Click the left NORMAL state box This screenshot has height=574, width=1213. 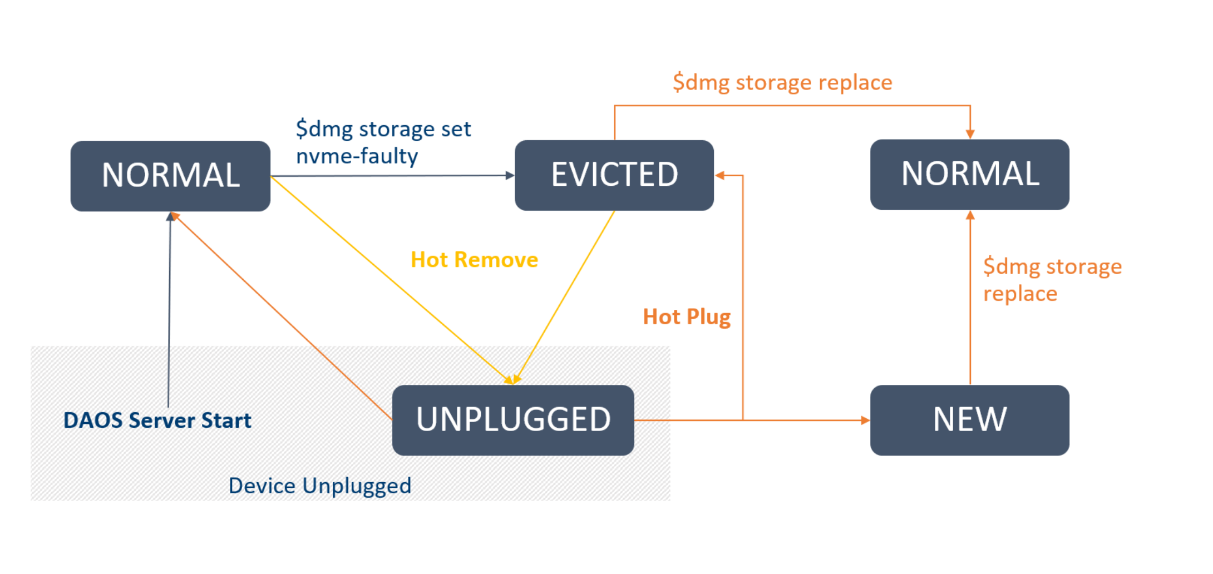[x=170, y=176]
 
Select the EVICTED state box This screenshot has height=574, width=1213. [x=614, y=175]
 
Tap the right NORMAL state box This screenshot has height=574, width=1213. [x=969, y=174]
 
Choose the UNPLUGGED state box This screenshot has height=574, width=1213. [x=512, y=420]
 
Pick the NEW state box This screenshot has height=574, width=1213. [x=969, y=420]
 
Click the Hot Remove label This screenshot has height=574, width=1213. [x=474, y=260]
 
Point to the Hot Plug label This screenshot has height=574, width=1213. [x=686, y=316]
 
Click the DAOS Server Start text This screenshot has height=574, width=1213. [x=157, y=420]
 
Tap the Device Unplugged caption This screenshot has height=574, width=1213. [x=319, y=486]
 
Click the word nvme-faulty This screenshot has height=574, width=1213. [x=357, y=156]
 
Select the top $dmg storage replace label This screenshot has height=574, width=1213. [x=782, y=82]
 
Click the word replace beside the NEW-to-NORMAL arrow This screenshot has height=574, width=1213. [x=1019, y=294]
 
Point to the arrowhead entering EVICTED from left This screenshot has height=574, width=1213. [x=509, y=175]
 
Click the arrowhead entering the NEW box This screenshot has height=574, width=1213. [x=865, y=420]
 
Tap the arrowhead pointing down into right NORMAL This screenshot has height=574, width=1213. [x=970, y=134]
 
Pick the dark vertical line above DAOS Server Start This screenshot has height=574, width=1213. [x=169, y=311]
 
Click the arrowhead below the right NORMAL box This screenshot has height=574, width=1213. [x=970, y=216]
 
